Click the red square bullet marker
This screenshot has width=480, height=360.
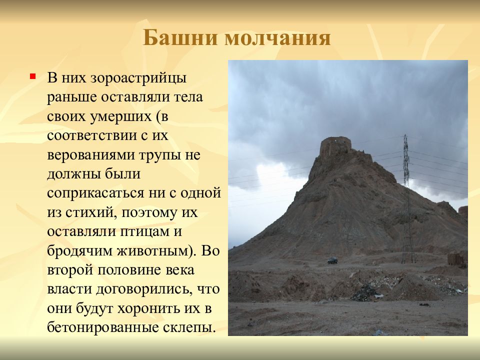coord(32,76)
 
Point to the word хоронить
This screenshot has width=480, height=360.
coord(147,307)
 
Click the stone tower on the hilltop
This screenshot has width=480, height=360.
coord(335,145)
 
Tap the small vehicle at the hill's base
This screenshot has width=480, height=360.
coord(332,260)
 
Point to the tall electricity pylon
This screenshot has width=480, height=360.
coord(406,200)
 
